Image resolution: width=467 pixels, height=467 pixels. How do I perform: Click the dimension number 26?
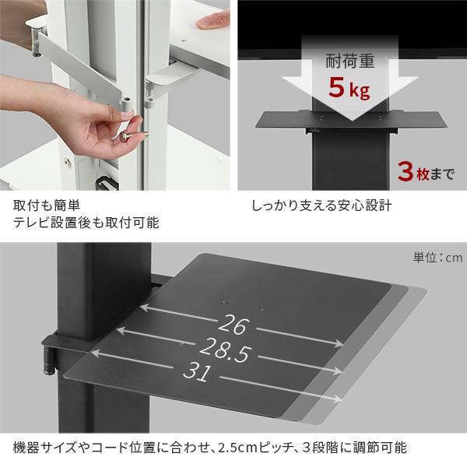(233, 323)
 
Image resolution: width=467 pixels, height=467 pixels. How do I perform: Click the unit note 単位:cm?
(438, 258)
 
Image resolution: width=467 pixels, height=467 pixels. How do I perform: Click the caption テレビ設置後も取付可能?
(86, 223)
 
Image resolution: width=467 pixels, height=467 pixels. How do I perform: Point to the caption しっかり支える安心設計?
(321, 207)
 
